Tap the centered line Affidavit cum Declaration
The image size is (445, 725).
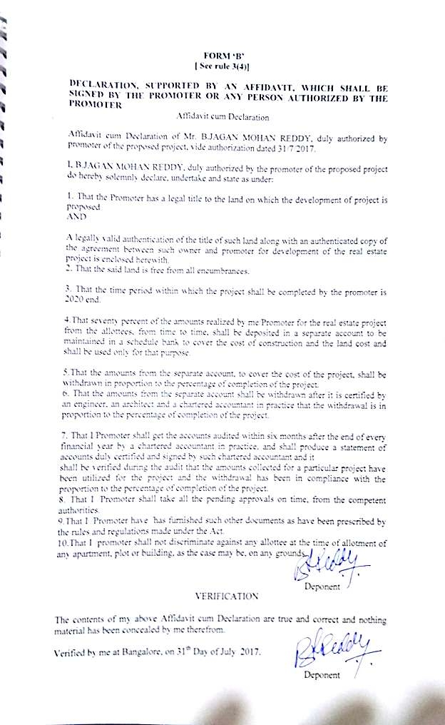(221, 116)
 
